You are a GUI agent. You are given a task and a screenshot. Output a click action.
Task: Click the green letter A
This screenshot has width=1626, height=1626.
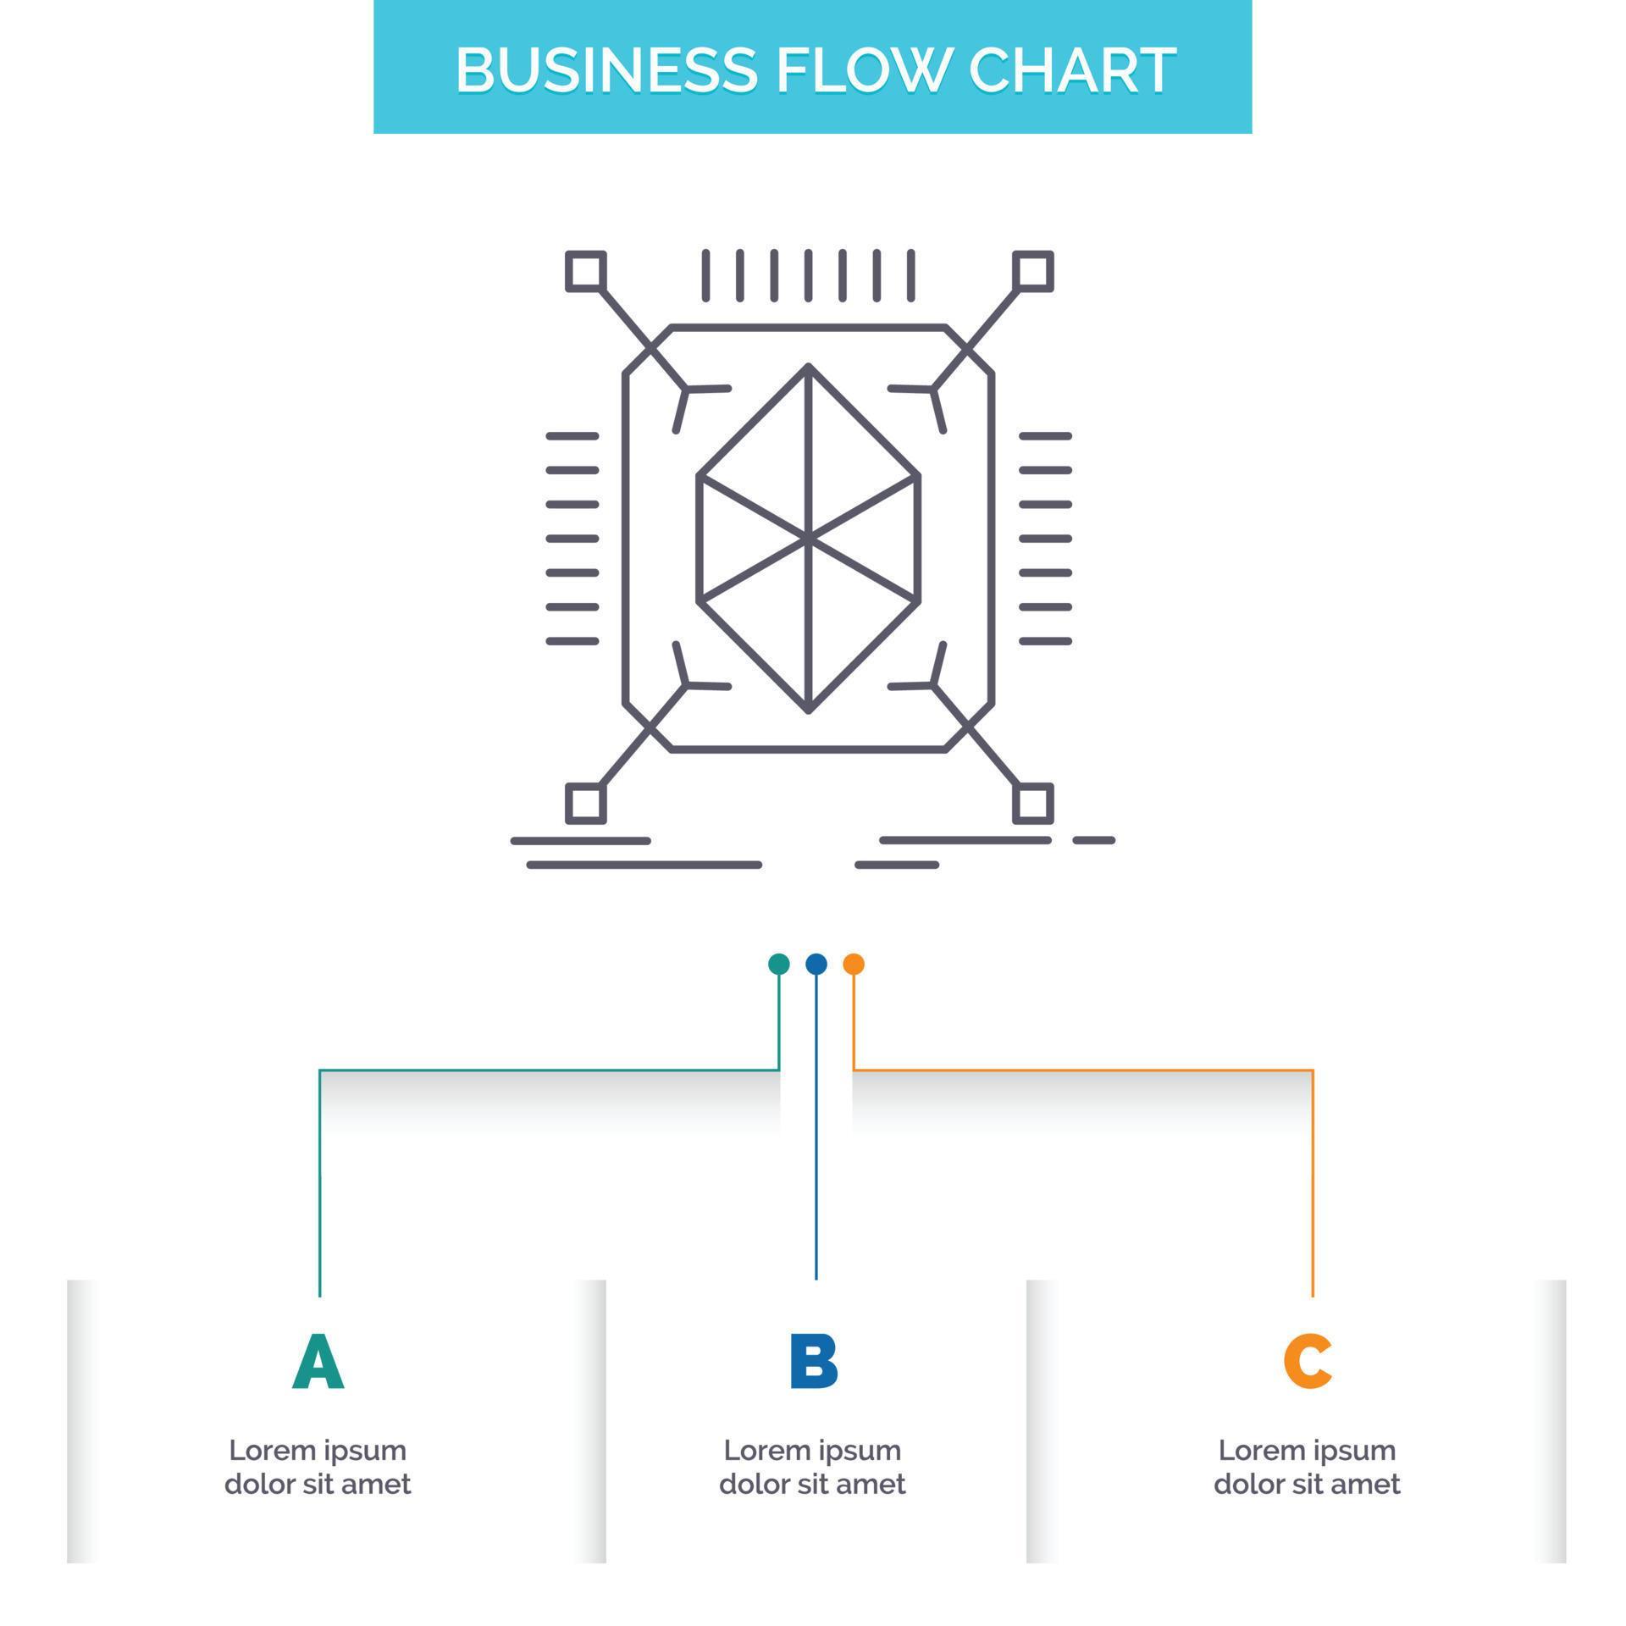(x=318, y=1362)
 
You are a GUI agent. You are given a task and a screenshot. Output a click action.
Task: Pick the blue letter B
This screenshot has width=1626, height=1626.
(x=813, y=1362)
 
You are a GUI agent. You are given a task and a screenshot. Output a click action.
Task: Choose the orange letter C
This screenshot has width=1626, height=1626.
(x=1308, y=1362)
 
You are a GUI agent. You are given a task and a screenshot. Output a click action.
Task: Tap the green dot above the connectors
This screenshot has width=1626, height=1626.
(x=778, y=964)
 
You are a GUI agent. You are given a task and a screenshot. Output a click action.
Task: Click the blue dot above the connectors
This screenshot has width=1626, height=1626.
(x=816, y=964)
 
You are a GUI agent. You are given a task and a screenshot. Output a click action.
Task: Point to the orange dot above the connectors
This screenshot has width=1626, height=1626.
(x=854, y=964)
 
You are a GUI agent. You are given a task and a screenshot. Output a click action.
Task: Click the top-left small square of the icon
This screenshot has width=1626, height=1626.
(x=585, y=272)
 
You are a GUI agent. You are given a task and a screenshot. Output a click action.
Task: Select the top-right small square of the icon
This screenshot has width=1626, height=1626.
(x=1033, y=272)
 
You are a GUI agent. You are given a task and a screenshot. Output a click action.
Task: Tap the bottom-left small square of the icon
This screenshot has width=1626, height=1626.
(x=585, y=803)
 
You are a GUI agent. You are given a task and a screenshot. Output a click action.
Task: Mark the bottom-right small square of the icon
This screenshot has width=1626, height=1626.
(x=1033, y=803)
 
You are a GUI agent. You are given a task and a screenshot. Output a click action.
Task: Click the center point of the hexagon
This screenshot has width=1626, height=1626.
(x=809, y=538)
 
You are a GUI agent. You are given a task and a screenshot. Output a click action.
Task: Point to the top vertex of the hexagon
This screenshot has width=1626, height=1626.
(x=809, y=366)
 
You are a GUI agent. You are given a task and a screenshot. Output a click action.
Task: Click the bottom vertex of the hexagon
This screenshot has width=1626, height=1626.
(x=809, y=710)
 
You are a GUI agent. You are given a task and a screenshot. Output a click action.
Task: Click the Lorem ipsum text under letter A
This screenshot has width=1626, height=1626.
(x=318, y=1467)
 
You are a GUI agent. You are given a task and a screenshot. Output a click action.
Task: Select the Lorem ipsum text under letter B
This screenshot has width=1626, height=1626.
(x=812, y=1467)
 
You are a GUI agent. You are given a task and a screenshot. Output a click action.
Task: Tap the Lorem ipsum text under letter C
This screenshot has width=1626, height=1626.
(x=1307, y=1467)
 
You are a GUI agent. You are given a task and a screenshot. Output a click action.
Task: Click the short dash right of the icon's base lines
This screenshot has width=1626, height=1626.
(x=1093, y=840)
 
